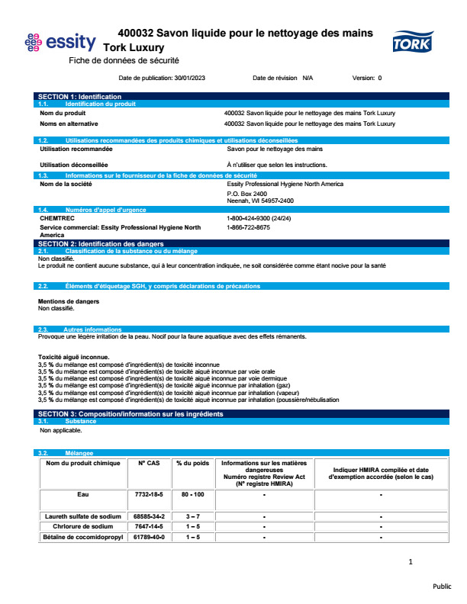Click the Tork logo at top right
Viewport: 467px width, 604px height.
pyautogui.click(x=412, y=41)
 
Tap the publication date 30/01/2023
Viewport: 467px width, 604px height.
pyautogui.click(x=191, y=78)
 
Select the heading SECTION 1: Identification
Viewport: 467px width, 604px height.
pyautogui.click(x=79, y=97)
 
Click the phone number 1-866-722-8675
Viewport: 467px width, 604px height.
pyautogui.click(x=248, y=227)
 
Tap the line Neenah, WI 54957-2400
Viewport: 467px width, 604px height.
pyautogui.click(x=260, y=201)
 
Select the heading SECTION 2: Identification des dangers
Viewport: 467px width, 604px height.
pyautogui.click(x=98, y=243)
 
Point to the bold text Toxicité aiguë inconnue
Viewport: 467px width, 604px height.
pyautogui.click(x=73, y=357)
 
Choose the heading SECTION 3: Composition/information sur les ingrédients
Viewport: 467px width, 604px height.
pyautogui.click(x=130, y=413)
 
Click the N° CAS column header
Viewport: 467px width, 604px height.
pyautogui.click(x=149, y=463)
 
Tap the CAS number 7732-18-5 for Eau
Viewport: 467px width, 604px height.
pyautogui.click(x=149, y=495)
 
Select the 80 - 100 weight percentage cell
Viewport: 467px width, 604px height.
pyautogui.click(x=192, y=495)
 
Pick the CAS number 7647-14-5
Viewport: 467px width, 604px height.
pyautogui.click(x=149, y=526)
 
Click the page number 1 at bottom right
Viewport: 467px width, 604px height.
pyautogui.click(x=411, y=562)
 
